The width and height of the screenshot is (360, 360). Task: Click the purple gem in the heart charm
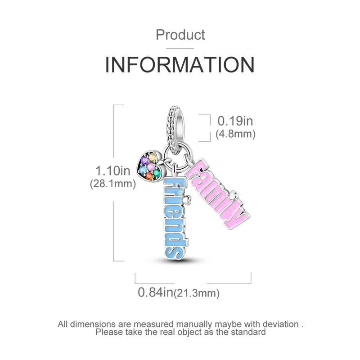(x=145, y=159)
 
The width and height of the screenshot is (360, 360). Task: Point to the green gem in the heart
(x=157, y=173)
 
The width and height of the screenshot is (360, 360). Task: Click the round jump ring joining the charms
(x=175, y=160)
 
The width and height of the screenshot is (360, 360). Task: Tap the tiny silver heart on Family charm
(x=234, y=196)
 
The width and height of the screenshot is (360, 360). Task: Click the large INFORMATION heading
(x=180, y=65)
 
